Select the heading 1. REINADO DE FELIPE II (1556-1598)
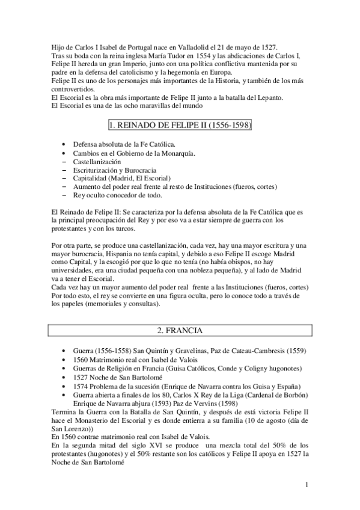(180, 126)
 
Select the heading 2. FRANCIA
(180, 330)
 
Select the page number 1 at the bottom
(306, 485)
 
